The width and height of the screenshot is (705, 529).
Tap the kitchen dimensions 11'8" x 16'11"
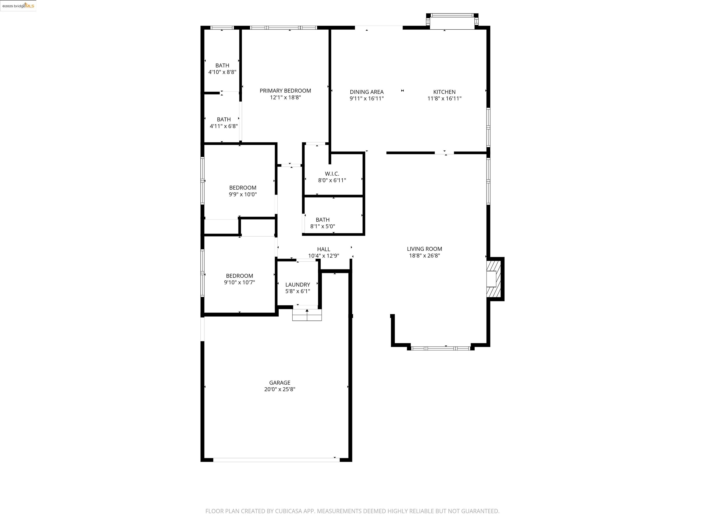444,98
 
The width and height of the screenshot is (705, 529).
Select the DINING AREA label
366,92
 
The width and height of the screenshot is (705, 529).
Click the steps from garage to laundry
307,315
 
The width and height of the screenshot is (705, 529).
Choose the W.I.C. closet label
332,174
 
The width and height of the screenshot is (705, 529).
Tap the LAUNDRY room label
297,285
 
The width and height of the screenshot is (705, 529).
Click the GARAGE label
280,383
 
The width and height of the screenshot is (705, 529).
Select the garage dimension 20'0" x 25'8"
280,389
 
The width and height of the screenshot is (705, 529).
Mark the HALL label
324,249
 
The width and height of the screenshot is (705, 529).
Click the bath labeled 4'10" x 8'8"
222,69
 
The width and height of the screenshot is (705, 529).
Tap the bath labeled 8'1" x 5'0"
322,223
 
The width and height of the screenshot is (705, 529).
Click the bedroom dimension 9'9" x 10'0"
243,194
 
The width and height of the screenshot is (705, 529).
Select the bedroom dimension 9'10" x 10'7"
239,282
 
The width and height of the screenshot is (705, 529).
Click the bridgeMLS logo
18,6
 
